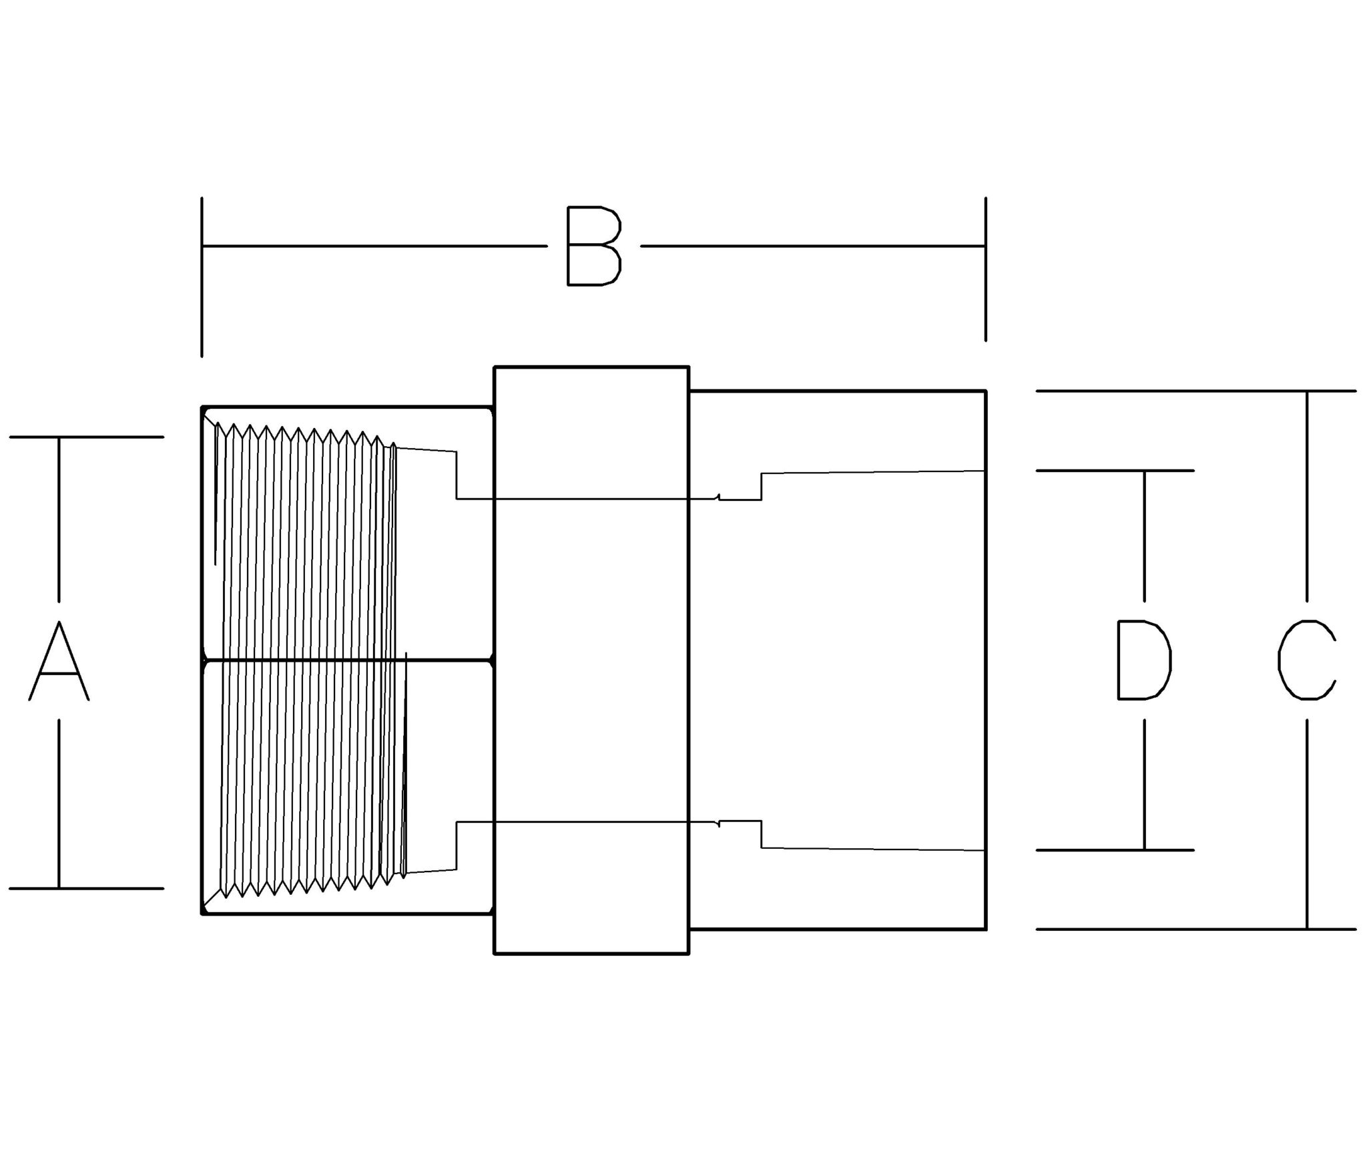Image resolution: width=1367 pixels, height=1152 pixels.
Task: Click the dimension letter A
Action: point(59,660)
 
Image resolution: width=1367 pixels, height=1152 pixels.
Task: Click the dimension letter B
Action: point(593,246)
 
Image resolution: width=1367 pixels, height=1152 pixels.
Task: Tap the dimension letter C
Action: point(1306,660)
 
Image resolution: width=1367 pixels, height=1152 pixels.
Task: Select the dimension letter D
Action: point(1144,660)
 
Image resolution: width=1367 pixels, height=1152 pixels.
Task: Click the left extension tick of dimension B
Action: point(202,276)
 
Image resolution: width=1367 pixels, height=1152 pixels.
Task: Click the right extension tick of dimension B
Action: point(985,268)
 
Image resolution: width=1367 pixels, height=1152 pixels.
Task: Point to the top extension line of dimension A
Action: point(87,437)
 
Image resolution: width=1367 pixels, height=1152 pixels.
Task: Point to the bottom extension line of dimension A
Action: point(87,888)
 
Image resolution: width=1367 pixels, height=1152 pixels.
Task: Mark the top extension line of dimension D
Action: point(1115,471)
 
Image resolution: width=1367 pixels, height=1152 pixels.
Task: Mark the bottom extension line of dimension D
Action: point(1115,850)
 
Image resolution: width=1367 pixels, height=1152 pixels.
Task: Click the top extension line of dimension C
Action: point(1195,391)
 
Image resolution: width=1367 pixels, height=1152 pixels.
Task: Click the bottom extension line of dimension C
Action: point(1195,929)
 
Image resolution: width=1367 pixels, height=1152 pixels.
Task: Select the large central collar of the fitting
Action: point(591,660)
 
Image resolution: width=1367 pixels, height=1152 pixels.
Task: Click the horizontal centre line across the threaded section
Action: point(347,661)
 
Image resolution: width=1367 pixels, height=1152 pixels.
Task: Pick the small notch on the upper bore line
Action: point(718,496)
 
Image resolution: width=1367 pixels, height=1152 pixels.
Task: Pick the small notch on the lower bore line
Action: point(718,824)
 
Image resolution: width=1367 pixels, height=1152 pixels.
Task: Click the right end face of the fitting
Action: point(986,660)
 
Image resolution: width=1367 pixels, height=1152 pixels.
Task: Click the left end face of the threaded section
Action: point(202,660)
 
